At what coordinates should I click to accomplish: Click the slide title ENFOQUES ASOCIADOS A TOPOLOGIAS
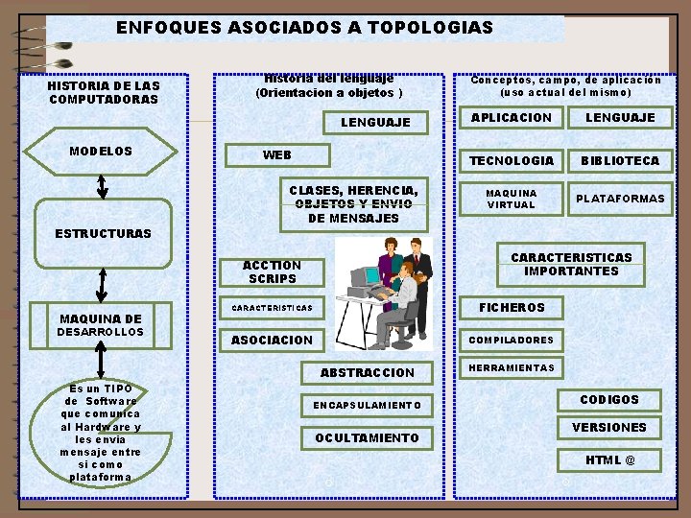pos(304,28)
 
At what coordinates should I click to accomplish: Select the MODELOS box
pos(101,152)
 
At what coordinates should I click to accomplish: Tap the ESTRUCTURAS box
pos(103,233)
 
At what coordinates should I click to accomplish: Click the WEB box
pos(277,155)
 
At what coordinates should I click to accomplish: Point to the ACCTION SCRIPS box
pos(272,271)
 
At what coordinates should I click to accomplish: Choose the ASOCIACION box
pos(272,340)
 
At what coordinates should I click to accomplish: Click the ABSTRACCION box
pos(368,372)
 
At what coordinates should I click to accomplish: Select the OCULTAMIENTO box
pos(368,437)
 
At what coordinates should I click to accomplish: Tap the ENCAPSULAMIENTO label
pos(368,405)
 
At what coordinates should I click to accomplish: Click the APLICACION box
pos(511,118)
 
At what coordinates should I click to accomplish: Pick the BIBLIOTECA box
pos(619,160)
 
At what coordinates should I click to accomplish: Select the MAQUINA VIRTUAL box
pos(511,199)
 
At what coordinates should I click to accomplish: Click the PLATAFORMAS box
pos(619,199)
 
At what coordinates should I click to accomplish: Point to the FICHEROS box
pos(512,307)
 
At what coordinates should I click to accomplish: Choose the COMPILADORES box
pos(511,340)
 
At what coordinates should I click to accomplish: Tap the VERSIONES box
pos(609,427)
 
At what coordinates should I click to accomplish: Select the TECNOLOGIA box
pos(511,160)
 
